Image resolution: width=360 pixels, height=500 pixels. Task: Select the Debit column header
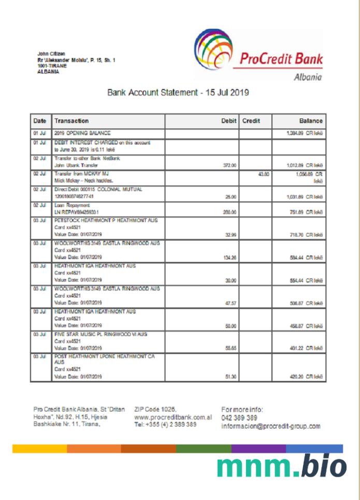pos(228,121)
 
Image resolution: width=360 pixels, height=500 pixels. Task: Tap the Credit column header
pos(251,121)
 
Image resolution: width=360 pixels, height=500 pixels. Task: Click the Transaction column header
pos(71,121)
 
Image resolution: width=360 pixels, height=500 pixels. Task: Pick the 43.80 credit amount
pos(263,174)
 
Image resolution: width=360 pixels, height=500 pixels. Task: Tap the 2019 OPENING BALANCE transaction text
pos(82,134)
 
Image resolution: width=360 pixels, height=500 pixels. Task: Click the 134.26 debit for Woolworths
pos(229,256)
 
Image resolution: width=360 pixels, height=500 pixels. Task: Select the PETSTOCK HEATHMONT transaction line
pos(106,220)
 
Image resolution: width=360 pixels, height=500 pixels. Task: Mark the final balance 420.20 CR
pos(306,376)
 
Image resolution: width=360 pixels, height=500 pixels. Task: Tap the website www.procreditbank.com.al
pos(173,417)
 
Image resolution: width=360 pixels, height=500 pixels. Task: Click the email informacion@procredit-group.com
pos(270,427)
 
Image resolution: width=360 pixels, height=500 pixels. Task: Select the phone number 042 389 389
pos(239,418)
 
